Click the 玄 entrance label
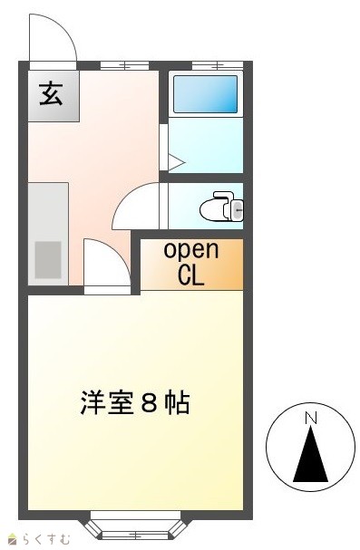click(x=51, y=94)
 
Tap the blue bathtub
click(x=205, y=94)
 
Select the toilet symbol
click(x=222, y=207)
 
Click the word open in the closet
click(x=191, y=250)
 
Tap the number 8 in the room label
click(x=151, y=402)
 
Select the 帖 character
click(x=178, y=402)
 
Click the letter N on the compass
click(x=310, y=418)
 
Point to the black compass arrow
click(x=310, y=454)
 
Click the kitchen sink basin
click(x=48, y=260)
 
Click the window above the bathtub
click(x=218, y=65)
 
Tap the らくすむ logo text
click(x=46, y=539)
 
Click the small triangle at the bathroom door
click(x=176, y=162)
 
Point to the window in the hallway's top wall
click(x=124, y=65)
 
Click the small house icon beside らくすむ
click(x=14, y=539)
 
